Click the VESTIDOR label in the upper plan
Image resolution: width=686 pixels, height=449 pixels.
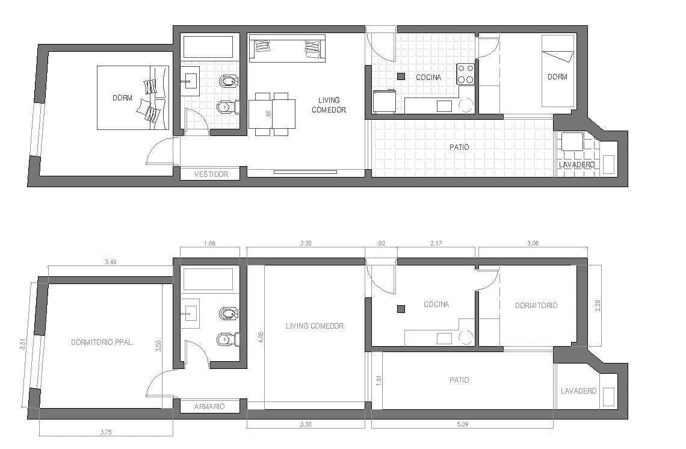[x=211, y=174]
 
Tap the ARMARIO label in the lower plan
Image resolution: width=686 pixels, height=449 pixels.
[x=209, y=406]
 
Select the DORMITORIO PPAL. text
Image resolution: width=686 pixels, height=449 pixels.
[x=102, y=342]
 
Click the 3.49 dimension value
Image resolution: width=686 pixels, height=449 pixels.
[x=111, y=262]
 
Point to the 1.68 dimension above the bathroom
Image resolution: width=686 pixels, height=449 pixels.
[x=209, y=243]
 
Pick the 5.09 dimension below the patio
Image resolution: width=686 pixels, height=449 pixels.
[x=462, y=424]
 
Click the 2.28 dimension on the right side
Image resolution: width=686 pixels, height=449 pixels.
[x=598, y=305]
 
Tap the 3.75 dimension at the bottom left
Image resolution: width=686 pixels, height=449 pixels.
[x=106, y=432]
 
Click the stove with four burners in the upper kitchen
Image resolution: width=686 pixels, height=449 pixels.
[x=466, y=73]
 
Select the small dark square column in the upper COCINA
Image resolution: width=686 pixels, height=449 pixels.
[x=401, y=76]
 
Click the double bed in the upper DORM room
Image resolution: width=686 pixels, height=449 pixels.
[x=132, y=98]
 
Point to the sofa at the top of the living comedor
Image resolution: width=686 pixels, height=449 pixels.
[x=287, y=48]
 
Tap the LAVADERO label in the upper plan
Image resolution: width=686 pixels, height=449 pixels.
[x=576, y=165]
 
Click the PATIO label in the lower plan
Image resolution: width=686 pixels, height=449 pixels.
[x=459, y=380]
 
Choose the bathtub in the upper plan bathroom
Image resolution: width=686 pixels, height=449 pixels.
[x=208, y=47]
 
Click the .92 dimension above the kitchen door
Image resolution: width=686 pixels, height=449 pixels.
[x=381, y=243]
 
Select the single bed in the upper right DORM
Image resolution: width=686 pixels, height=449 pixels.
[x=558, y=71]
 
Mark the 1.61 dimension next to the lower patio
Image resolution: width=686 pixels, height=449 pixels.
[x=379, y=380]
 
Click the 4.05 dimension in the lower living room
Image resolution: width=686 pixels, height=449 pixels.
[x=261, y=336]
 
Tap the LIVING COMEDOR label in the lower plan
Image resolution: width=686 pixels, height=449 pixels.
[x=315, y=326]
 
